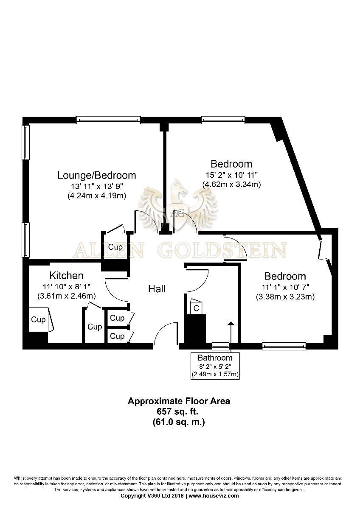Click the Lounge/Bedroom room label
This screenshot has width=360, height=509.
pyautogui.click(x=97, y=176)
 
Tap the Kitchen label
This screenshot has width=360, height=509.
pyautogui.click(x=66, y=276)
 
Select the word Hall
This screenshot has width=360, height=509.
pyautogui.click(x=157, y=289)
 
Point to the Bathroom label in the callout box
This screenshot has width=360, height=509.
pyautogui.click(x=215, y=358)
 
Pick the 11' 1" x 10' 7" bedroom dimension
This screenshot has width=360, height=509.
pyautogui.click(x=285, y=288)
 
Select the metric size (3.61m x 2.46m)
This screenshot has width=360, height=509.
pyautogui.click(x=66, y=296)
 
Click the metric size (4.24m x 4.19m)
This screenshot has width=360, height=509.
pyautogui.click(x=97, y=196)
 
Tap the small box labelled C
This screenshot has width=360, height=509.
pyautogui.click(x=196, y=308)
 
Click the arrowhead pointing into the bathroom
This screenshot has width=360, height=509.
pyautogui.click(x=231, y=324)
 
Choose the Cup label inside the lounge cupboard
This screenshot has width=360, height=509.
pyautogui.click(x=115, y=247)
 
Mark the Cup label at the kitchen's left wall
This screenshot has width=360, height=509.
pyautogui.click(x=38, y=319)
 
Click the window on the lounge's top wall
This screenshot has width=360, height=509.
pyautogui.click(x=109, y=120)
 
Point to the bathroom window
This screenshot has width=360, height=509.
pyautogui.click(x=220, y=346)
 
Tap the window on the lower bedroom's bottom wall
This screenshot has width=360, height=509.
pyautogui.click(x=284, y=346)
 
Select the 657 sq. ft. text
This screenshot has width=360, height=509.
pyautogui.click(x=179, y=411)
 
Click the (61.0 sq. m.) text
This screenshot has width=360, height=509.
pyautogui.click(x=179, y=422)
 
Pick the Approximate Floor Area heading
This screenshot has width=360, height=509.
pyautogui.click(x=179, y=401)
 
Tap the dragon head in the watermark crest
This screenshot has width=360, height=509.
pyautogui.click(x=179, y=189)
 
